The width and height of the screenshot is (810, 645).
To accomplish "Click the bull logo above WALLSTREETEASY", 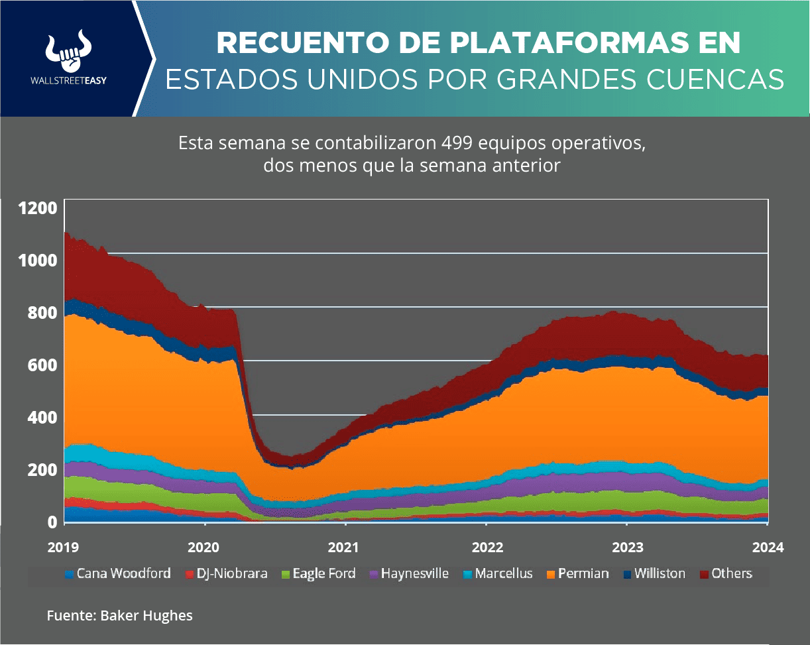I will tap(69, 51).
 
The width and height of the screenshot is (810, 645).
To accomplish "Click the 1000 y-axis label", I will tap(38, 260).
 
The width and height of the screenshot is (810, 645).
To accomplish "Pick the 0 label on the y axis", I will tap(51, 522).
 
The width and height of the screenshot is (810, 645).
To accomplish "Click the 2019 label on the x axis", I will tap(64, 548).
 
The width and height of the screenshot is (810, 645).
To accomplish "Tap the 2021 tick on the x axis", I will tap(345, 548).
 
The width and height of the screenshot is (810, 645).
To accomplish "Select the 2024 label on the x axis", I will tap(768, 548).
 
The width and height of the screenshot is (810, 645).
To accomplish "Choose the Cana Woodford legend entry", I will tap(119, 573).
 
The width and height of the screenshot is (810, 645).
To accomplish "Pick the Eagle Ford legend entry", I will tap(319, 573).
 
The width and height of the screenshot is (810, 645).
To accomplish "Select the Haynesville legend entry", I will tap(409, 573).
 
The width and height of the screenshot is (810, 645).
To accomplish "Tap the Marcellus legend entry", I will tap(498, 573).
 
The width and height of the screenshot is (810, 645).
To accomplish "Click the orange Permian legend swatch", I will tap(551, 574).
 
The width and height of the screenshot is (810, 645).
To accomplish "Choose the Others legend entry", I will tap(726, 573).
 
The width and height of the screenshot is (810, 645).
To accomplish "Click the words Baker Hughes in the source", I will tap(146, 616).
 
